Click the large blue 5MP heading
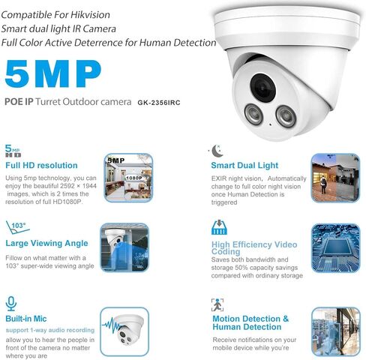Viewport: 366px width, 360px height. tap(52, 75)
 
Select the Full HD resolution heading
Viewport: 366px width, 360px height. tap(41, 165)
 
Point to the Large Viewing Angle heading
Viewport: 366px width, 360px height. tap(47, 243)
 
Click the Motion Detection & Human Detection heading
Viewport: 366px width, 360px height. tap(250, 322)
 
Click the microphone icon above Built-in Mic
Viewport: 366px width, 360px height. tap(11, 302)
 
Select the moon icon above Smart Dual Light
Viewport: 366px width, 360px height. tap(217, 148)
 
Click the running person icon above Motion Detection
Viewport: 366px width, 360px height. tap(217, 304)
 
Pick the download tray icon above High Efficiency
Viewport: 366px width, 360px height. tap(219, 226)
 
